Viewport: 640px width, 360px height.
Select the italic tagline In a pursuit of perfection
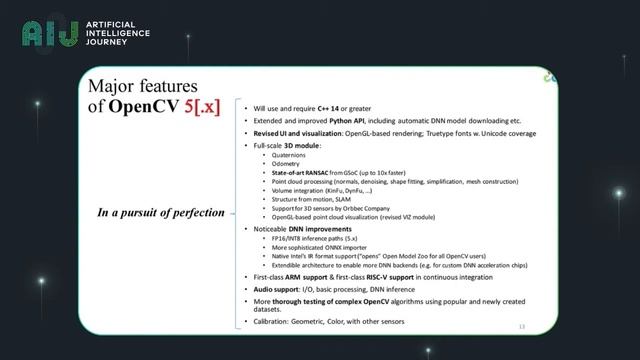click(x=161, y=212)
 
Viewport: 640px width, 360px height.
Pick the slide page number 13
click(x=521, y=327)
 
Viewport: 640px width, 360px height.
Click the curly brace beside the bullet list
click(x=235, y=212)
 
